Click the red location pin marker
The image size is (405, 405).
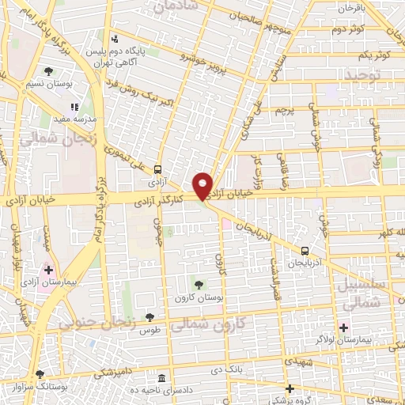pos(203,185)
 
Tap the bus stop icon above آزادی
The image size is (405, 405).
pos(158,169)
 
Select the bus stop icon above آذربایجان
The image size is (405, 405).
pos(294,251)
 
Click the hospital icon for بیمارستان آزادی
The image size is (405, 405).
pos(49,270)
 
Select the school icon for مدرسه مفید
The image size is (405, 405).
pos(75,107)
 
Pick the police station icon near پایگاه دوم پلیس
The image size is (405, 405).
pos(115,39)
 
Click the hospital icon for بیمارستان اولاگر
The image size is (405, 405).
pos(343,327)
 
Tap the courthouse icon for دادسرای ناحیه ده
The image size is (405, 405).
pos(162,377)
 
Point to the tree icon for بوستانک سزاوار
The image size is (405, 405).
pos(40,373)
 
